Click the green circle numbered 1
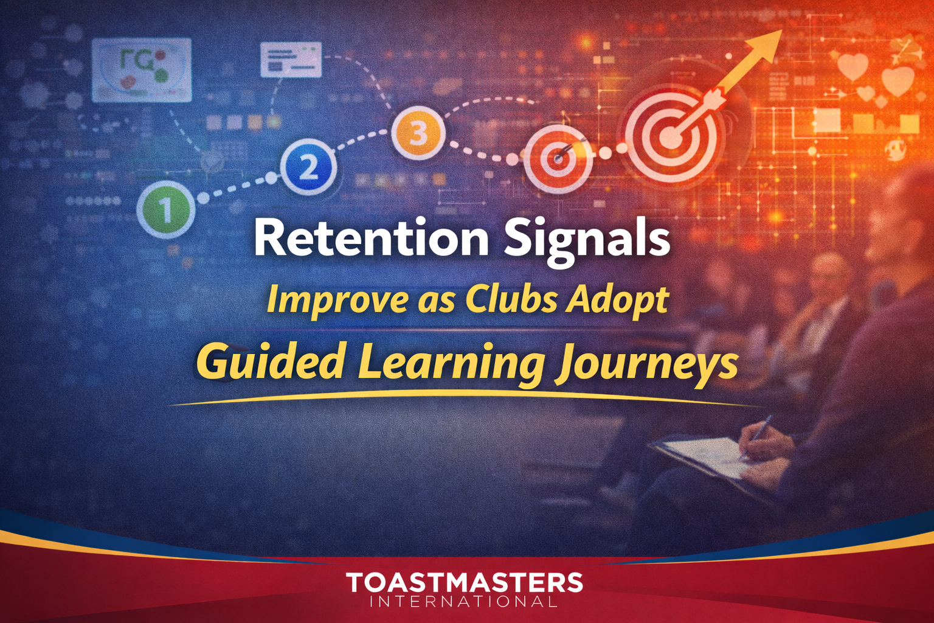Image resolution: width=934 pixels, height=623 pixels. pyautogui.click(x=165, y=209)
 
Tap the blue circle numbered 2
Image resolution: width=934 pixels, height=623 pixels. pyautogui.click(x=308, y=167)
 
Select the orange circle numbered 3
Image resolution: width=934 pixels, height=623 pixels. pyautogui.click(x=417, y=132)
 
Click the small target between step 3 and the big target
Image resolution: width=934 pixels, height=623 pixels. pyautogui.click(x=558, y=159)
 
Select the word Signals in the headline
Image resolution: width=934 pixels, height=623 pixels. pyautogui.click(x=587, y=239)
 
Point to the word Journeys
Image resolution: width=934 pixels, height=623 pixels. pyautogui.click(x=646, y=364)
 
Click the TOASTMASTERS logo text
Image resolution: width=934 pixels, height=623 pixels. pyautogui.click(x=465, y=582)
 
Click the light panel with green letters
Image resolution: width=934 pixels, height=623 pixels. pyautogui.click(x=141, y=69)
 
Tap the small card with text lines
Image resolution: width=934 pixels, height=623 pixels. pyautogui.click(x=291, y=59)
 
